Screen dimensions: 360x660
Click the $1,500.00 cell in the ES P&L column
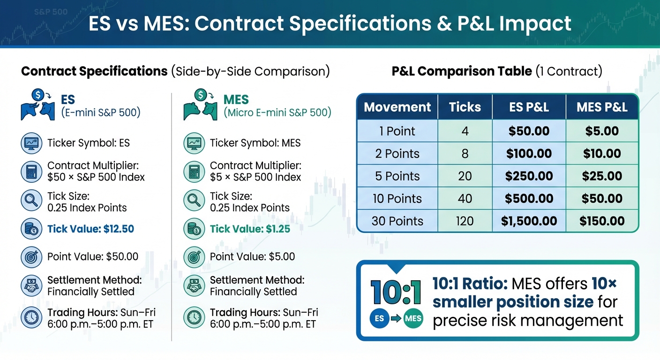coord(529,221)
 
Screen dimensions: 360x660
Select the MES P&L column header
coord(602,107)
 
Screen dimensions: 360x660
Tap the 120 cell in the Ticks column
coord(465,221)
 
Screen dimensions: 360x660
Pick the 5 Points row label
coord(397,176)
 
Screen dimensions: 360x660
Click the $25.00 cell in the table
coord(602,176)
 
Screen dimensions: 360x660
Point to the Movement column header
coord(397,107)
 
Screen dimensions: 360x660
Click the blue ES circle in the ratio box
coord(379,318)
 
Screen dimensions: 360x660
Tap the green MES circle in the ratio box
coord(412,318)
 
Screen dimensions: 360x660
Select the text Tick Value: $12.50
coord(90,229)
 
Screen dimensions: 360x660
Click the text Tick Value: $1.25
coord(250,229)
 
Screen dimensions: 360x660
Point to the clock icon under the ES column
coord(31,317)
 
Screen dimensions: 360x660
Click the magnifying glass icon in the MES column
coord(193,201)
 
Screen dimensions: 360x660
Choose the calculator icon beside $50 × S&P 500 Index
coord(31,172)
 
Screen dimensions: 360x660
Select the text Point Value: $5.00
coord(252,256)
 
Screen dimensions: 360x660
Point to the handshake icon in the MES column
coord(193,285)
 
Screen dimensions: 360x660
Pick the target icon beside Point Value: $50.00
coord(31,257)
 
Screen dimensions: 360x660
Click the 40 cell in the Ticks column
coord(465,198)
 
